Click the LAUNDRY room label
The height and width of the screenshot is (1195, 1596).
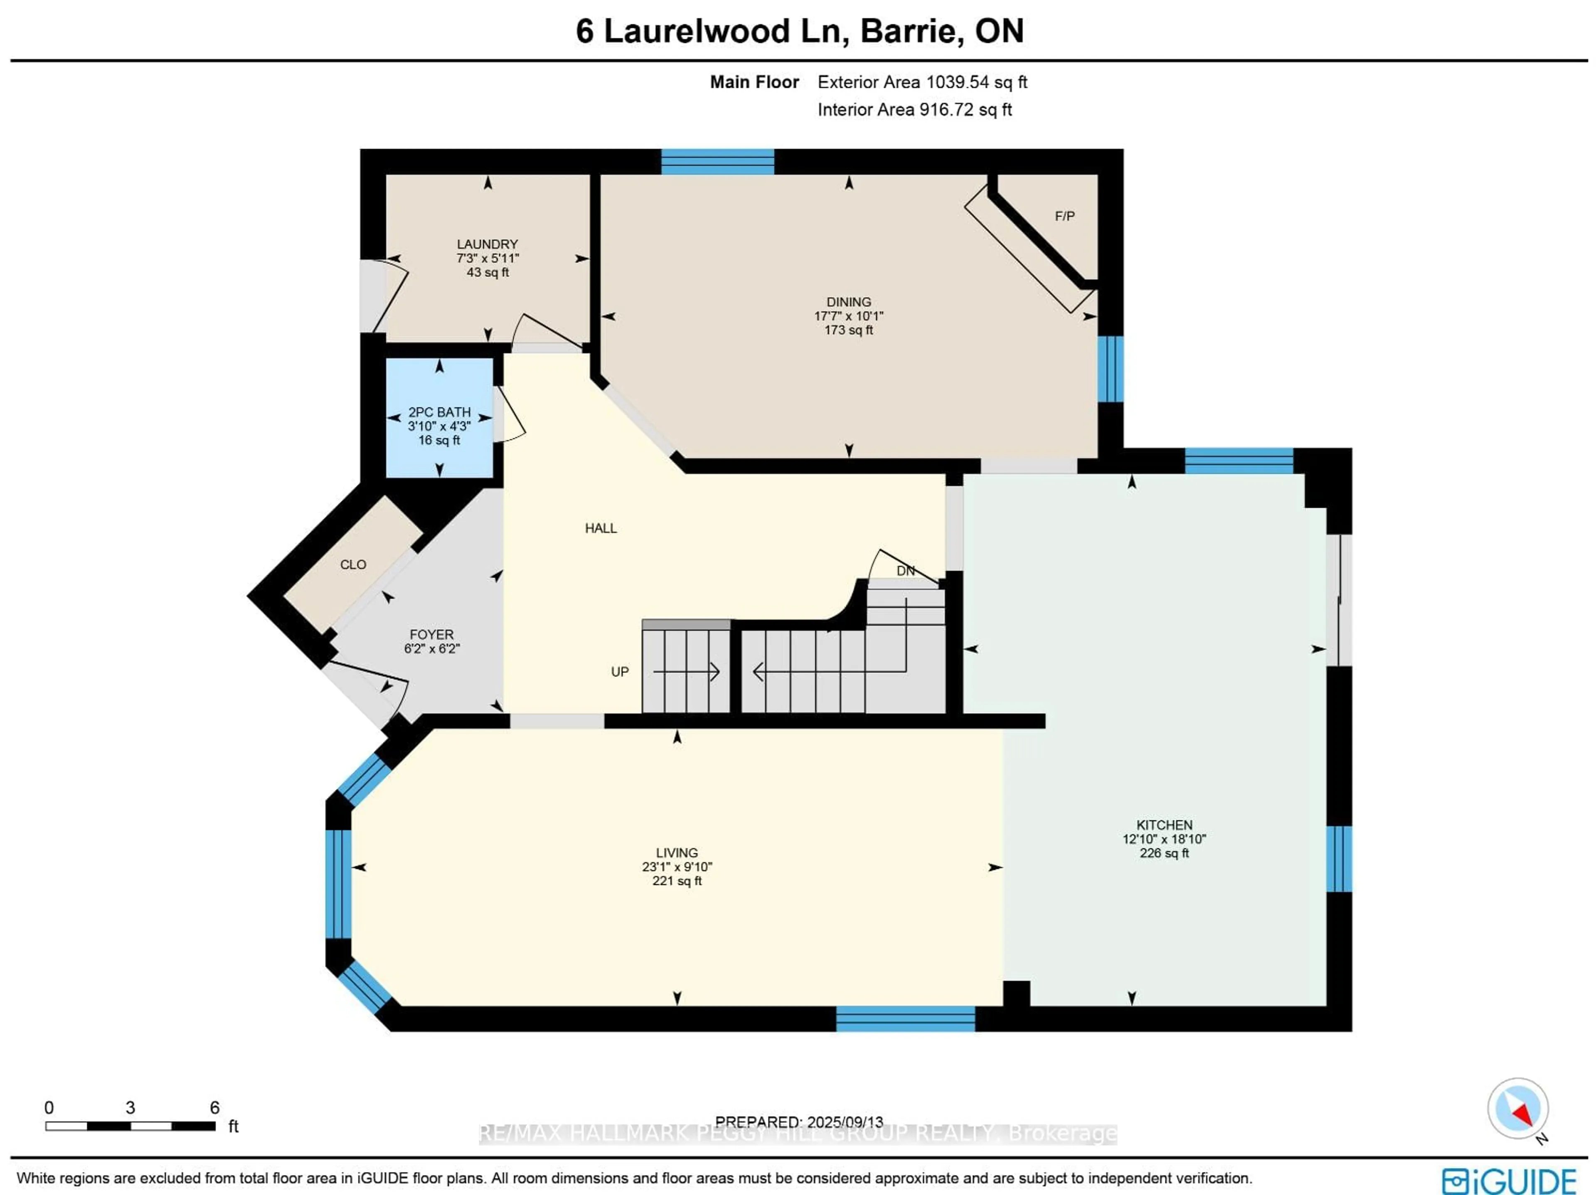(x=487, y=244)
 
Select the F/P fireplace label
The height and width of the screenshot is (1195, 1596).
(x=1064, y=216)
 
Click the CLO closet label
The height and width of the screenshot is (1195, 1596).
(x=353, y=564)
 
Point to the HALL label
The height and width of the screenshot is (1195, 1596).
(x=600, y=528)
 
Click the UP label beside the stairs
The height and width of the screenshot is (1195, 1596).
(x=619, y=672)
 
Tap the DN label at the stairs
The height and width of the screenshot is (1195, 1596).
(x=905, y=571)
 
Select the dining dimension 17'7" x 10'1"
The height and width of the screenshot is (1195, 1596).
(x=849, y=316)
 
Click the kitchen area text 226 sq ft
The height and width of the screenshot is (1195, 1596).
(x=1164, y=853)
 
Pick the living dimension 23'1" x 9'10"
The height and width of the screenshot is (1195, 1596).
(x=677, y=867)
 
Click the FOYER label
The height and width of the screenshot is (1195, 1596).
(x=431, y=634)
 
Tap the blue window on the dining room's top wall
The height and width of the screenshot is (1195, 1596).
(x=717, y=162)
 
